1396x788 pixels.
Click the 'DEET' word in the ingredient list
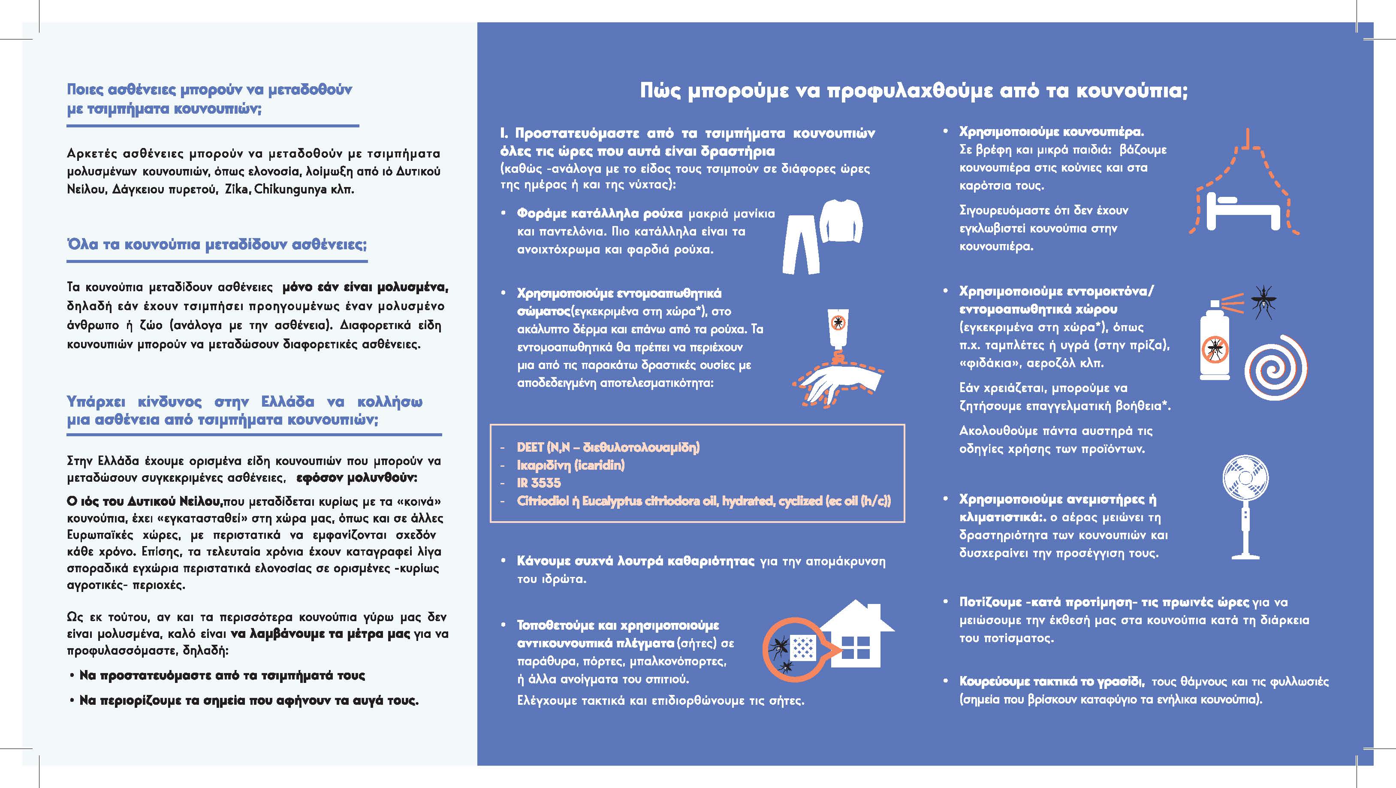(530, 447)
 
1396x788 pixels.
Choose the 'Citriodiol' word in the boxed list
(542, 501)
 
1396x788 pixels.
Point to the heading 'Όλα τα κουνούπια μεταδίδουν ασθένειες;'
(217, 245)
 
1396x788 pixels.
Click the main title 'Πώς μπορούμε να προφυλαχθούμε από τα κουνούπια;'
(914, 91)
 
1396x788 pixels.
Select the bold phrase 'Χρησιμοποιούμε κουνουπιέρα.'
(1051, 132)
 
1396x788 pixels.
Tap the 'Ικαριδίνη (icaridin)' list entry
(570, 465)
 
